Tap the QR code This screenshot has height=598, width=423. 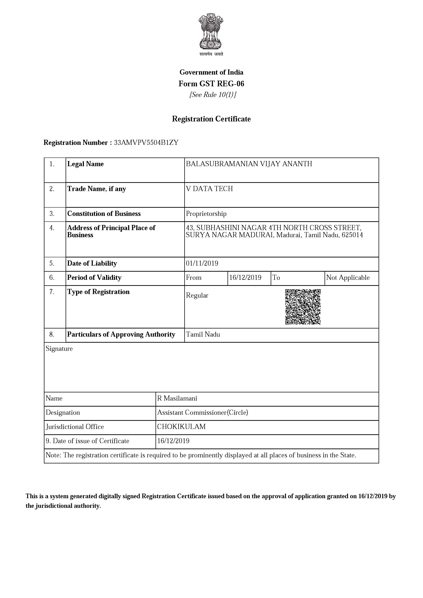coord(303,307)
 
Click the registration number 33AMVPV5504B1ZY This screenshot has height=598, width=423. coord(146,143)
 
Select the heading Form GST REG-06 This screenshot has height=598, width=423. coord(211,84)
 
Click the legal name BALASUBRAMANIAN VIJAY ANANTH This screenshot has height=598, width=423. coord(249,164)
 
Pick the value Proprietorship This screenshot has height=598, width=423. coord(206,214)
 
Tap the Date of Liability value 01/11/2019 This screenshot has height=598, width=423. coord(202,263)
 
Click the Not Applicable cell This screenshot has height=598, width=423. coord(348,278)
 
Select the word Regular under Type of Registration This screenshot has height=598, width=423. coord(197,295)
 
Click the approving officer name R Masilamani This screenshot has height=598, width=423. coord(177,398)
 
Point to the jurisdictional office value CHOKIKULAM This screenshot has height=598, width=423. coord(181,427)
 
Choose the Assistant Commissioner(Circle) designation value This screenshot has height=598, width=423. coord(203,413)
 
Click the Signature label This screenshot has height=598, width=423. coord(59,349)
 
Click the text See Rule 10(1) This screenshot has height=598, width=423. coord(213,95)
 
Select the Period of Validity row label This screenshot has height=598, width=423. coord(94,278)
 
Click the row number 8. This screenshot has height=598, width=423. coord(52,334)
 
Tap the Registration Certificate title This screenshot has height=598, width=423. coord(211,119)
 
